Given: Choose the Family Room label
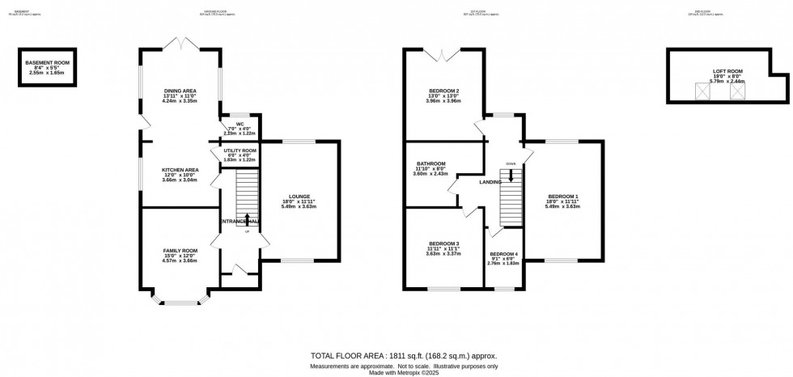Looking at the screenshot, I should [x=179, y=251].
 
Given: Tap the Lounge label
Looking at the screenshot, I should [x=299, y=196].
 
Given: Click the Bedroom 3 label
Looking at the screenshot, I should [x=444, y=244].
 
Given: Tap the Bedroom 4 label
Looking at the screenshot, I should [x=503, y=254].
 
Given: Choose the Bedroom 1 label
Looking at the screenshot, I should [x=563, y=196].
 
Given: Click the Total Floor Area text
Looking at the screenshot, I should [x=405, y=356].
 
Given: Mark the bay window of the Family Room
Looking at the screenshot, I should [x=178, y=303].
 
